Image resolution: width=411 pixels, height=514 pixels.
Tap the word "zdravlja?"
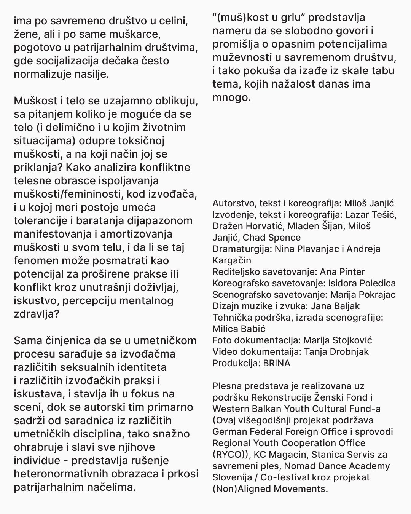(37, 314)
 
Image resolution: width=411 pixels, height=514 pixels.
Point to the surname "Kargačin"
(232, 260)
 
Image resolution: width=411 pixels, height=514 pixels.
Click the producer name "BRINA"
(277, 363)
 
